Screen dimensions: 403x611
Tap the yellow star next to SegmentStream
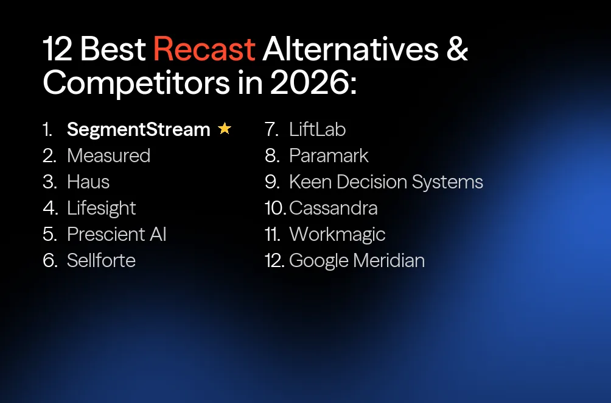(x=225, y=129)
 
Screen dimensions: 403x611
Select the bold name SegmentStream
(x=138, y=129)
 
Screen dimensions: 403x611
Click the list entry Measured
(x=108, y=155)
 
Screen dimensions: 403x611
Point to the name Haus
(x=88, y=182)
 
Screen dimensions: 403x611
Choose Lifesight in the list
(x=102, y=208)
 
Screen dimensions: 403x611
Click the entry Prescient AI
(x=116, y=234)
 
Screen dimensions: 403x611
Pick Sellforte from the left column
(x=101, y=260)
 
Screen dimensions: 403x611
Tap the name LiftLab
(x=317, y=129)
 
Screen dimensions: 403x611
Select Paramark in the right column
(x=329, y=155)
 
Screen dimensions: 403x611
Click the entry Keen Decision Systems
(x=386, y=182)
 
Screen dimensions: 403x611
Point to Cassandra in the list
(x=333, y=208)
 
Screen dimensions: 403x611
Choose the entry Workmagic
(x=337, y=234)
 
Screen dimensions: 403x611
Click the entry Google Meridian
(x=357, y=260)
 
